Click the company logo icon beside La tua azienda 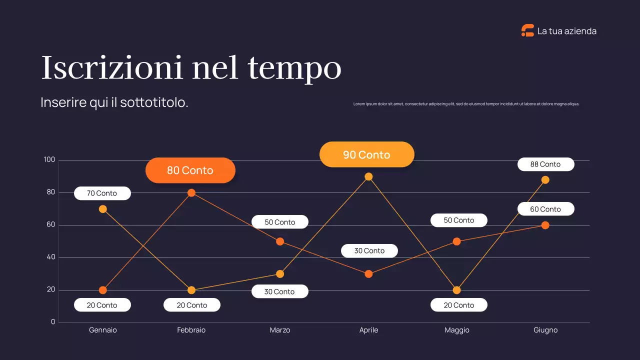point(527,30)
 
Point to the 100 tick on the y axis point(49,160)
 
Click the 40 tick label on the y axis point(50,257)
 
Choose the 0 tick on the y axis point(53,322)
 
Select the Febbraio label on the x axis point(191,330)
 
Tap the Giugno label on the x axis point(545,330)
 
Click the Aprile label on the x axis point(368,330)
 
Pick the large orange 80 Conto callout point(190,170)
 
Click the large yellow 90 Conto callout point(366,154)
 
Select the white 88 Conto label point(545,164)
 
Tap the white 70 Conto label point(102,193)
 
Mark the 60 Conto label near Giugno point(545,209)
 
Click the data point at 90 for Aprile point(368,176)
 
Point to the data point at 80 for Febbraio point(191,192)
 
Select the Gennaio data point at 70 point(102,209)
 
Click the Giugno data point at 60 point(545,225)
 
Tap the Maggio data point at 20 point(456,290)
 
